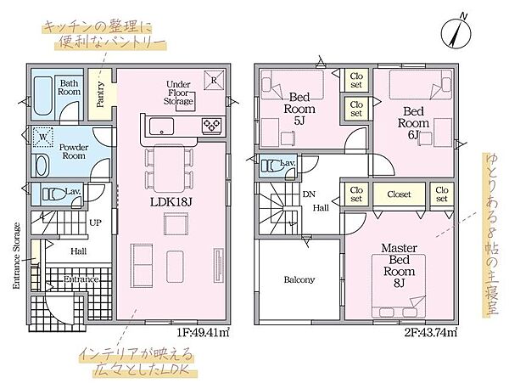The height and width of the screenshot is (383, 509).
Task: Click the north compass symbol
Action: coord(456,33)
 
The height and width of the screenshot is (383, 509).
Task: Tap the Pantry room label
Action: coord(101,94)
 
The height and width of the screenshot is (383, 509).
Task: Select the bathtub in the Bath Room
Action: coord(43,96)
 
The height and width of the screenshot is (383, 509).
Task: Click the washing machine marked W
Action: coord(43,137)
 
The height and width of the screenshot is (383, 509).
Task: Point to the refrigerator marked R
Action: coord(214,80)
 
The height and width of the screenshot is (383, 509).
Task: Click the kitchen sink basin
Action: coord(161,127)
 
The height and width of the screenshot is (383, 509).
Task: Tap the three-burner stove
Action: coord(211,126)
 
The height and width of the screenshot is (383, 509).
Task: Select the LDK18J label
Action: coord(171,202)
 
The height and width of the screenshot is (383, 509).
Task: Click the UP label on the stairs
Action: coord(95,222)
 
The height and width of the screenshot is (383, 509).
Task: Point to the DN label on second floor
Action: coord(309,194)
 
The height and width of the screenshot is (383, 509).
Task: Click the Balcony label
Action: coord(299,279)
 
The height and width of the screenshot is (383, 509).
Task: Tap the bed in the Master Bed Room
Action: coord(399,286)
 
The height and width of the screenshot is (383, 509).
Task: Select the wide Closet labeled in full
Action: coord(399,194)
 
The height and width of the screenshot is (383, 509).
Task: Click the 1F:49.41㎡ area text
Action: coord(204,332)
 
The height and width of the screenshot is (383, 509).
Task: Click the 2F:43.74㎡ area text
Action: coord(431,332)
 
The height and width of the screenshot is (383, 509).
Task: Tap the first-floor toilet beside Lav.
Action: coord(53,194)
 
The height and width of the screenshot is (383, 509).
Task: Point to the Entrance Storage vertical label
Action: coord(16,256)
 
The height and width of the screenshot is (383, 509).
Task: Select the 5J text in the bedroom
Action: coord(299,121)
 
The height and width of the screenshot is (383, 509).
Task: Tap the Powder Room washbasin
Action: coord(40,166)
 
